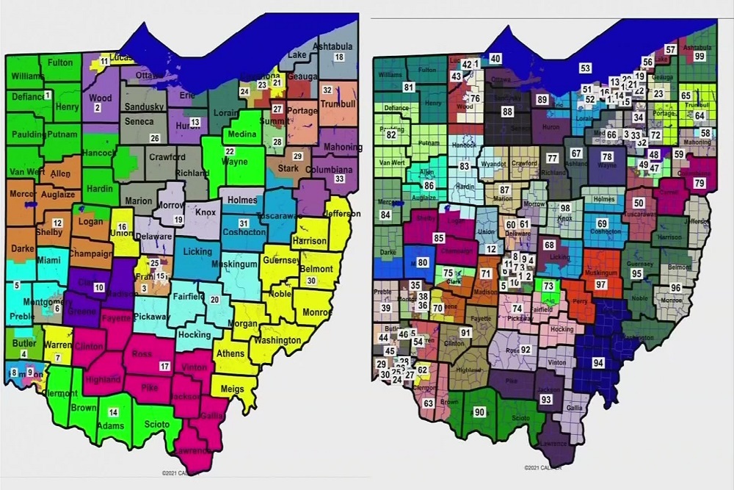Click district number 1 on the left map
coord(48,96)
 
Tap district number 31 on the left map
coord(243,224)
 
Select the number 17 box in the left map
coord(164,366)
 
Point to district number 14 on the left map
coord(113,412)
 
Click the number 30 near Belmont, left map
coord(311,281)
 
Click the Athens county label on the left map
coord(229,353)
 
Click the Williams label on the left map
coord(27,76)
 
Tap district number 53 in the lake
coord(585,68)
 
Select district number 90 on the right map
coord(480,412)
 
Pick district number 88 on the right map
coord(507,112)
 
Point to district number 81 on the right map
coord(410,88)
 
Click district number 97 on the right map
coord(601,284)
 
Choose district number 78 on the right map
coord(606,156)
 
